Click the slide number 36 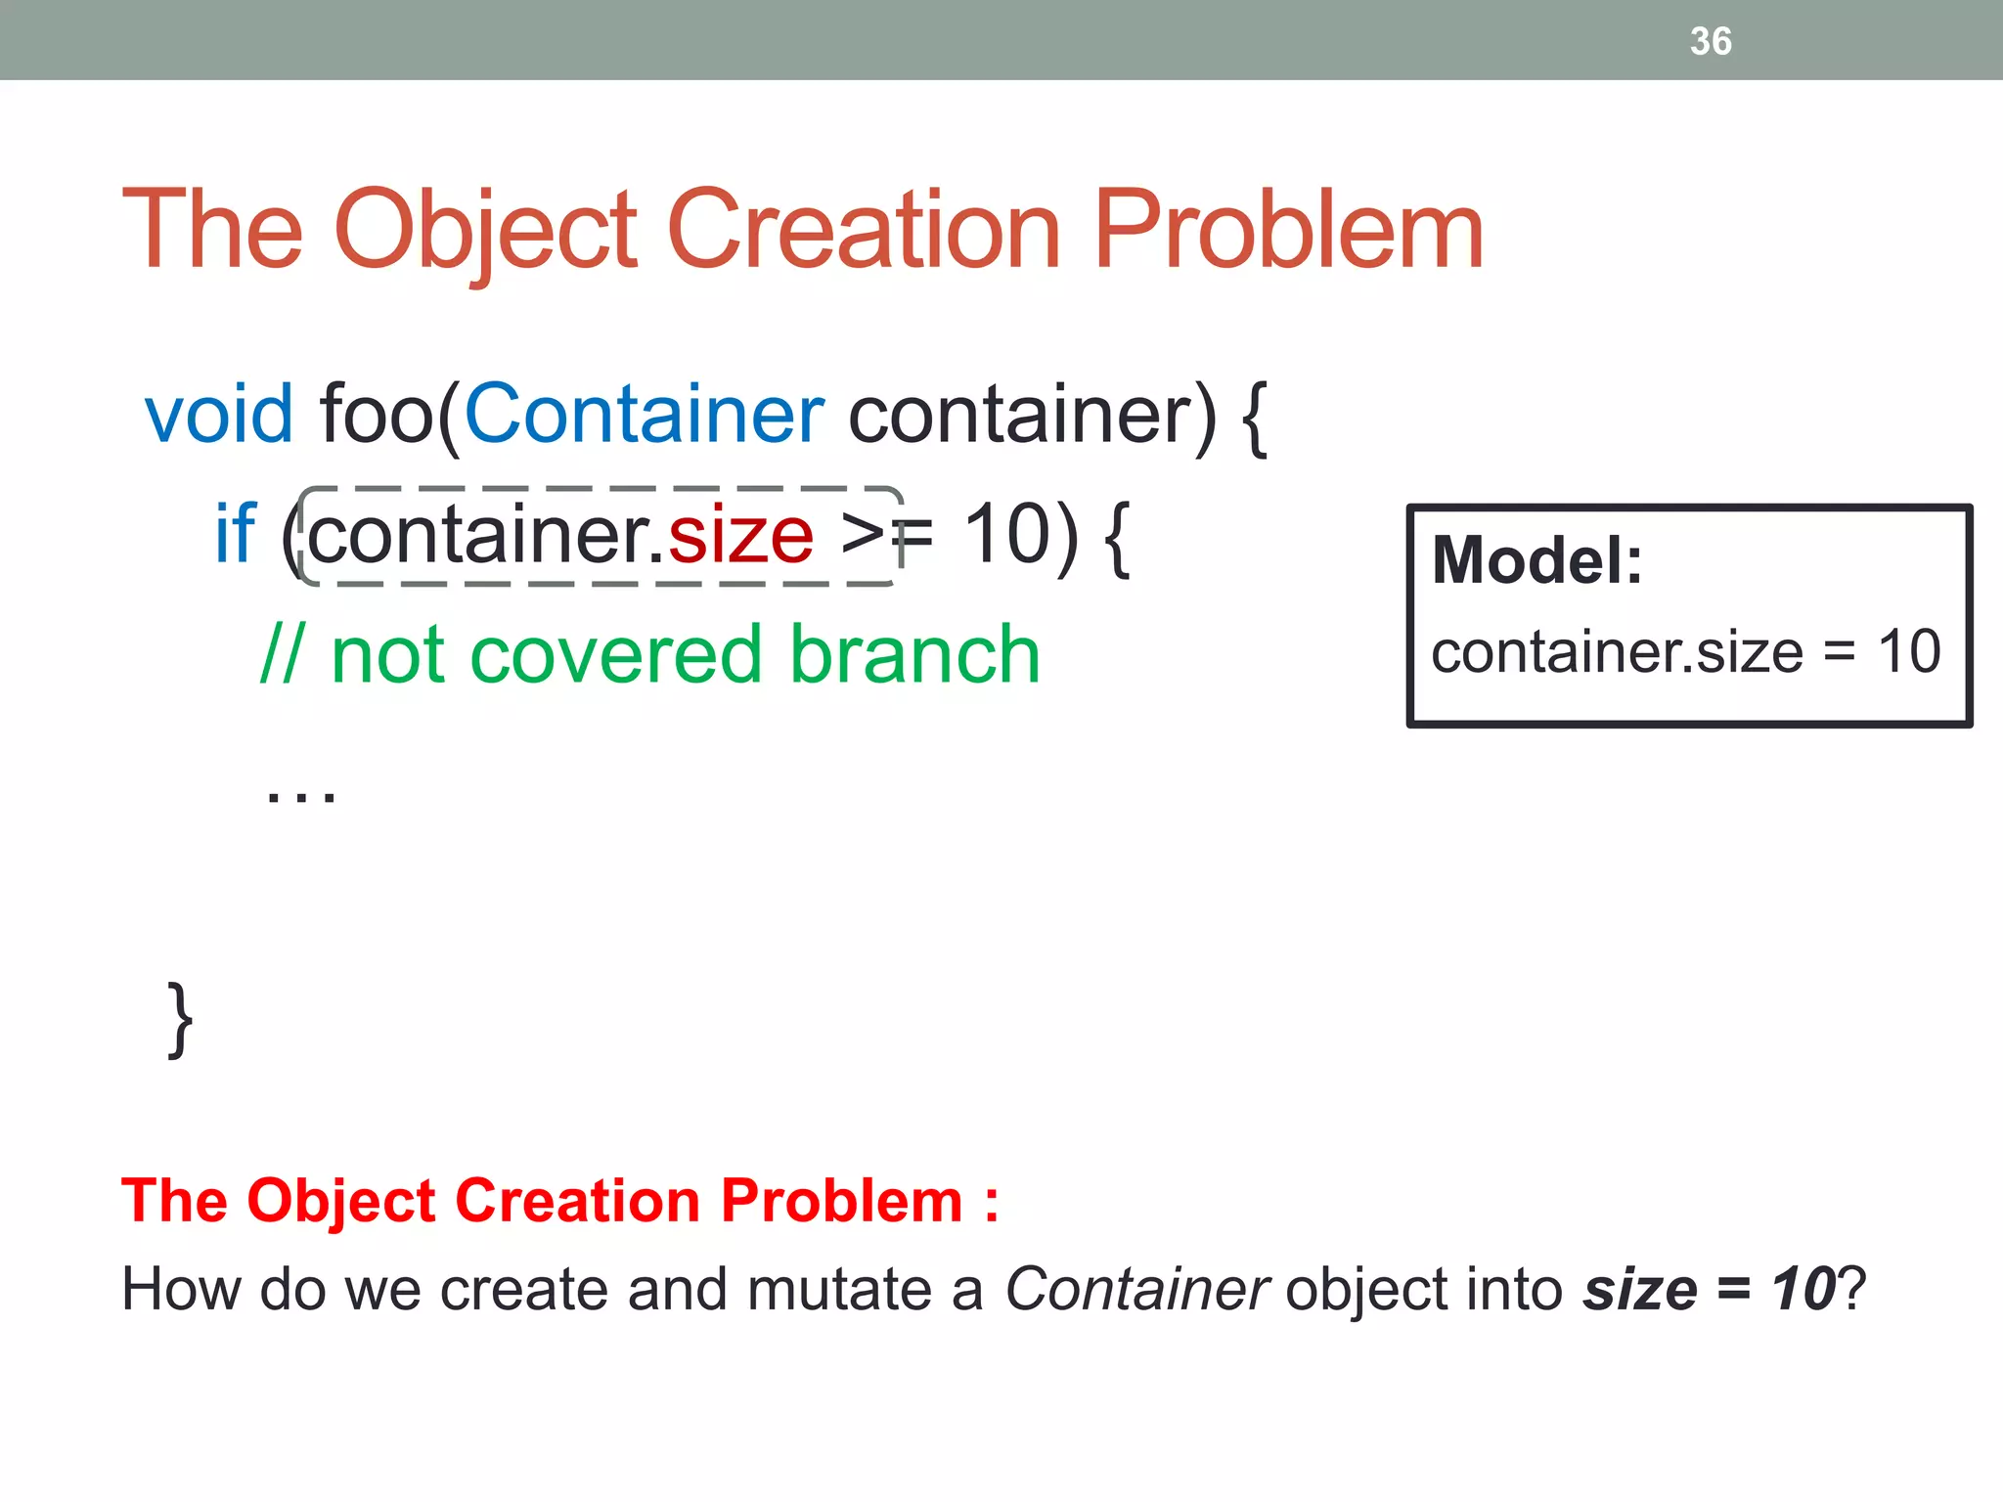click(1711, 41)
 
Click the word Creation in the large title click(864, 230)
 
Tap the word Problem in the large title click(1288, 232)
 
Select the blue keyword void click(218, 414)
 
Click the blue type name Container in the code click(644, 414)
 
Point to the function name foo click(377, 415)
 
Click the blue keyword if click(235, 534)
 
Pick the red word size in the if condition click(740, 536)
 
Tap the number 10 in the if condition click(1007, 534)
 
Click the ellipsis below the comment click(300, 794)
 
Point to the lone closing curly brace click(180, 1020)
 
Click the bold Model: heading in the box click(1536, 560)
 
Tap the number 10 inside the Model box click(1908, 651)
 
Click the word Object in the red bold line click(341, 1201)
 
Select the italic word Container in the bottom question click(1137, 1289)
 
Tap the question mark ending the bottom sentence click(1851, 1289)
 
